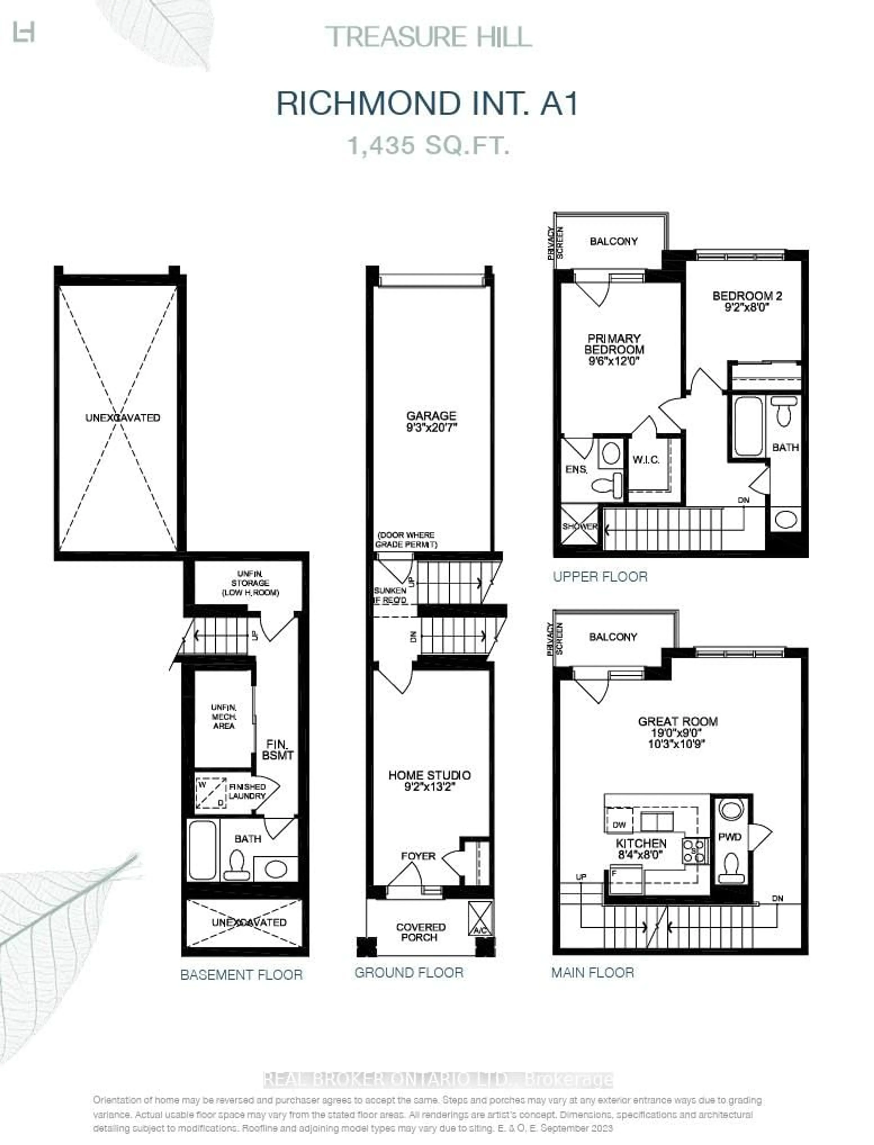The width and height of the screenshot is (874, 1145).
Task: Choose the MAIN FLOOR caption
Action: [x=592, y=973]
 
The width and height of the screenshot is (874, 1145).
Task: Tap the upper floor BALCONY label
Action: [x=613, y=241]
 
